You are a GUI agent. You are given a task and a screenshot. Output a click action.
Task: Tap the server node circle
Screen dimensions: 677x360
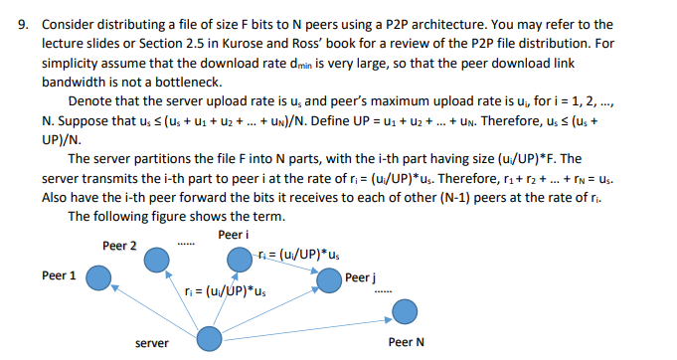click(x=211, y=338)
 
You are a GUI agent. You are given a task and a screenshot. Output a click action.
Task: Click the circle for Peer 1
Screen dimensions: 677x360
click(x=97, y=276)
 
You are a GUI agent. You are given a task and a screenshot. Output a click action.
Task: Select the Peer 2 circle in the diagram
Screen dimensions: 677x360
click(x=156, y=261)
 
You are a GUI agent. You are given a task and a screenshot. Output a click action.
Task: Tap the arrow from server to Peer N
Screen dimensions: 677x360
click(x=308, y=326)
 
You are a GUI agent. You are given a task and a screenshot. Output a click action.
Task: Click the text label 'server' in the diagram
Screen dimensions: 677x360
click(x=151, y=343)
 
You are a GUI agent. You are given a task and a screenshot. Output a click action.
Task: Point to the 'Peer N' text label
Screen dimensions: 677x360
click(x=407, y=342)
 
